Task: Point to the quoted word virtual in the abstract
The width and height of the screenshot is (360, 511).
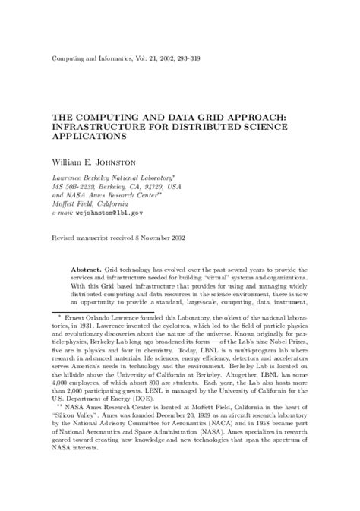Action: click(203, 280)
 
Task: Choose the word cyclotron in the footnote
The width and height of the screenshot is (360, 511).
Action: click(188, 345)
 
